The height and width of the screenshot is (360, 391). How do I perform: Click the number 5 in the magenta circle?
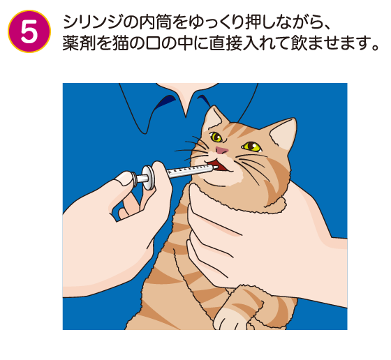click(29, 31)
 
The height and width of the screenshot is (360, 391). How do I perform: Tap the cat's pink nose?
click(222, 150)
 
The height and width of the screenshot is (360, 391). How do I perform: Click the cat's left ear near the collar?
click(213, 118)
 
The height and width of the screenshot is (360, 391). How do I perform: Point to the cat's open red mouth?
click(217, 165)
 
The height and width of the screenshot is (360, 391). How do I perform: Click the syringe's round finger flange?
click(148, 177)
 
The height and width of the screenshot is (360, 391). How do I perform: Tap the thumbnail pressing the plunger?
click(125, 179)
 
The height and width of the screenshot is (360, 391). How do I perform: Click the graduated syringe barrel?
click(190, 171)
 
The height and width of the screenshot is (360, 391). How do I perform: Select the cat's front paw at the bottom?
click(230, 318)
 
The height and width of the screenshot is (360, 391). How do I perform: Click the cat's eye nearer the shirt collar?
click(216, 137)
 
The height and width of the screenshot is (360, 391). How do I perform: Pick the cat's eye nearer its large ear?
click(251, 147)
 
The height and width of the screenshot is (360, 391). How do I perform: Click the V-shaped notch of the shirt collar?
click(186, 116)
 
